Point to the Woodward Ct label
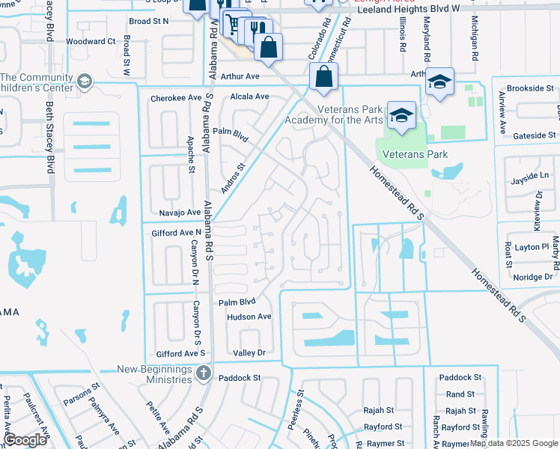[91, 42]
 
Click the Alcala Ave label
[249, 97]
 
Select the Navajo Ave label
[173, 213]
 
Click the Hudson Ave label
[249, 317]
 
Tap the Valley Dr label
[249, 352]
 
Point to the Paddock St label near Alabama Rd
[239, 378]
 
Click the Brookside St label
[529, 88]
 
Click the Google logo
[25, 439]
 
